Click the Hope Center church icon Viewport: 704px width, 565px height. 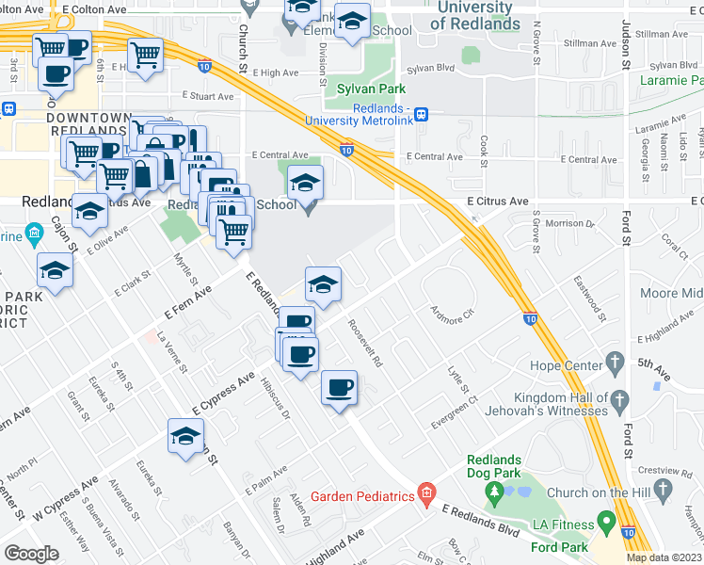(x=616, y=362)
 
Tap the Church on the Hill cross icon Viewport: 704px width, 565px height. (x=664, y=489)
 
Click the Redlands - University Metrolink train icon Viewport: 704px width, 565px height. (x=421, y=114)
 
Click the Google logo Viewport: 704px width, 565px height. (x=31, y=553)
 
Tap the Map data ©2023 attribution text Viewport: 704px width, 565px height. (x=664, y=557)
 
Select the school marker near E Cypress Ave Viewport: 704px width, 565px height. (x=185, y=436)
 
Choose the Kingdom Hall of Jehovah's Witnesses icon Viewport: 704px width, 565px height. (x=618, y=403)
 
